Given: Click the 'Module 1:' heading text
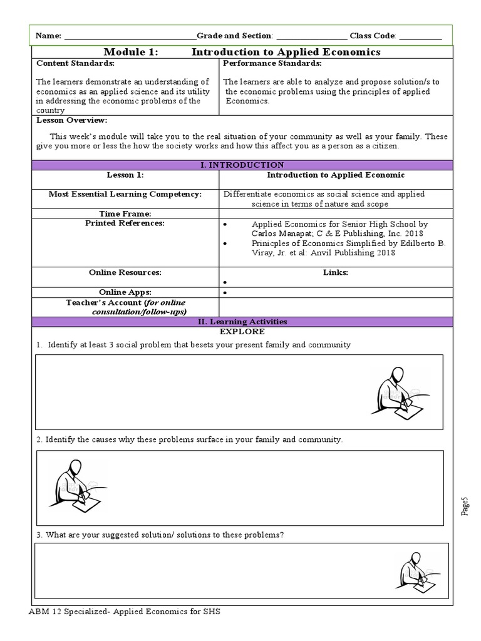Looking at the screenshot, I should tap(132, 52).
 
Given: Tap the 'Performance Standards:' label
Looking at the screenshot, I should tap(272, 63).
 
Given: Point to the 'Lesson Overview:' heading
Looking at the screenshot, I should tap(71, 120).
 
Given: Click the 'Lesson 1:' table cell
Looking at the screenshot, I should tap(125, 175).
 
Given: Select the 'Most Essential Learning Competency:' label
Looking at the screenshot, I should tap(125, 194).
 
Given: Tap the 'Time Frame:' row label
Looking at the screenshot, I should tap(125, 213).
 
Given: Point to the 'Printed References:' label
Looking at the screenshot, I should tap(125, 223).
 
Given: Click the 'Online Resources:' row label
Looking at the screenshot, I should tap(125, 272).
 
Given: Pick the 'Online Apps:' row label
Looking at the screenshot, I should tap(125, 292).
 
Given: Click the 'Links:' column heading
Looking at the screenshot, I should tap(336, 272).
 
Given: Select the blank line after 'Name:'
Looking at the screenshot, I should tap(130, 36).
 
